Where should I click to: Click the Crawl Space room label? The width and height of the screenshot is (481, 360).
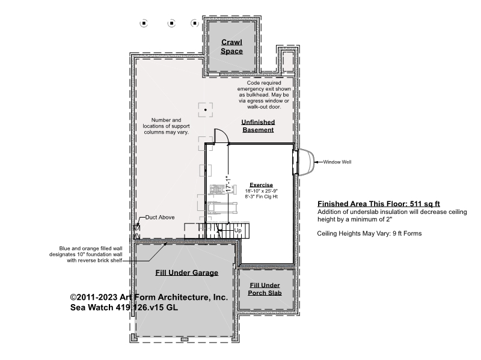231,47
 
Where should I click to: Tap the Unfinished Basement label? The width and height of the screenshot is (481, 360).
258,126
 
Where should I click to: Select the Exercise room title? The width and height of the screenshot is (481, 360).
261,185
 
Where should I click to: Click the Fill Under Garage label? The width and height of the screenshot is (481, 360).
186,273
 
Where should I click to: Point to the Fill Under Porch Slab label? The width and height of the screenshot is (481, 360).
265,289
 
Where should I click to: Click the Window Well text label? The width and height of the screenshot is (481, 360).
337,162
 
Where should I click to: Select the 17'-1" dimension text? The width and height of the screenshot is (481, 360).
228,184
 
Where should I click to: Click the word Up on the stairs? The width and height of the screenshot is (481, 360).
237,230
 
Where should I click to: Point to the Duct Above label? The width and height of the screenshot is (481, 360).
160,218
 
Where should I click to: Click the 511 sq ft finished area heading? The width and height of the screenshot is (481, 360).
379,204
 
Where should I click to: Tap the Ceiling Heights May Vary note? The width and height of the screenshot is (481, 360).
369,233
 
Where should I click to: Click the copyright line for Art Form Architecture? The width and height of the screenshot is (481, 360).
149,297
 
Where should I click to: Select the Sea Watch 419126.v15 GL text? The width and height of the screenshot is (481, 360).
124,307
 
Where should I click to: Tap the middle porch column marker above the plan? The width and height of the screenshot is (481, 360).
171,23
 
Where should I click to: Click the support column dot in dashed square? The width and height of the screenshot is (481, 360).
206,110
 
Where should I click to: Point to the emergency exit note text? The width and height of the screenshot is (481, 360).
264,95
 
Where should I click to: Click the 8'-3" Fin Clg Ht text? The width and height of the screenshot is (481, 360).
262,197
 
